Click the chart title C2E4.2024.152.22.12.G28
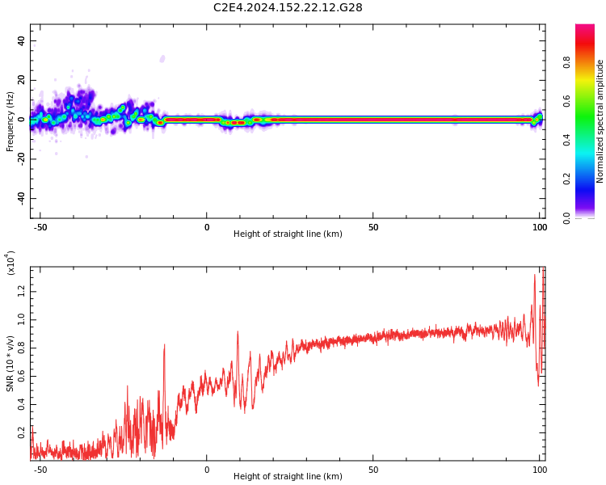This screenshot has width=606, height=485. click(x=288, y=8)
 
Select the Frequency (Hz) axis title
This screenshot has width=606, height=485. click(x=11, y=121)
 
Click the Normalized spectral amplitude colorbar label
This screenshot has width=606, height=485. click(x=600, y=121)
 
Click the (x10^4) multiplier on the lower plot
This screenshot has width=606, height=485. click(x=11, y=263)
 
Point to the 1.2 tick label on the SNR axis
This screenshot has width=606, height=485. click(x=21, y=292)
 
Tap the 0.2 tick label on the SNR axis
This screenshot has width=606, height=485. click(x=21, y=432)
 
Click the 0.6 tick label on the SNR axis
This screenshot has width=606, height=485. click(x=21, y=377)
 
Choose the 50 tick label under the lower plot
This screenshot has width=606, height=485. click(x=373, y=470)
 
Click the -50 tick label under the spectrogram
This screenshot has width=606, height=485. click(x=40, y=228)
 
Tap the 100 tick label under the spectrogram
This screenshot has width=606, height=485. click(x=540, y=228)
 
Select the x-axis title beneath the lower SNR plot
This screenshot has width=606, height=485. click(x=288, y=477)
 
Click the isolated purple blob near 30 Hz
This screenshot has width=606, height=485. click(x=162, y=58)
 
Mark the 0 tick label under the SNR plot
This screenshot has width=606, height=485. click(x=207, y=470)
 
